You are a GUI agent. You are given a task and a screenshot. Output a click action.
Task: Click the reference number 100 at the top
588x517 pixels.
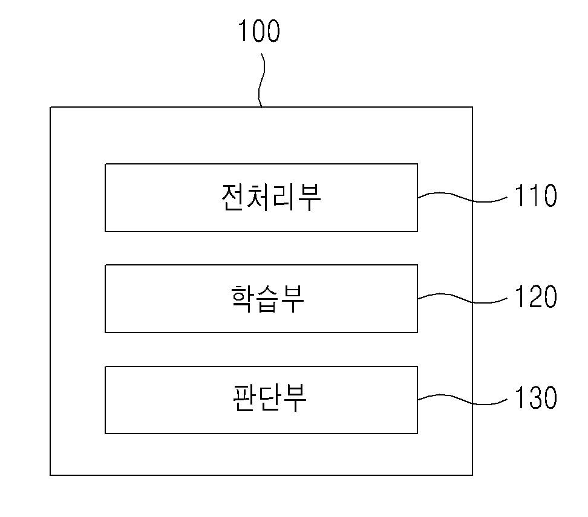pos(259,31)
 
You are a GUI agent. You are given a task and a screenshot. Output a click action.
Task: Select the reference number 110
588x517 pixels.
pos(536,195)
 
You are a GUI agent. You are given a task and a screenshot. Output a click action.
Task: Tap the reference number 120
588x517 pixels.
pos(536,296)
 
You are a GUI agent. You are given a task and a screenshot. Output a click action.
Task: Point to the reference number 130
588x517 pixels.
pos(536,397)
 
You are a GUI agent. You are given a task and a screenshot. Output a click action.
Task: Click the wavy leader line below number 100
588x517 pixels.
pos(261,80)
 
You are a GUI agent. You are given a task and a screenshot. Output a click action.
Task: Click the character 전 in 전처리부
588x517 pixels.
pos(234,197)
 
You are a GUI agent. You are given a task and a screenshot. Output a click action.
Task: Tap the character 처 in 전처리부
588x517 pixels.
pos(259,197)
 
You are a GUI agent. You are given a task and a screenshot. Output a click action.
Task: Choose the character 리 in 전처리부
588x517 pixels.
pos(284,197)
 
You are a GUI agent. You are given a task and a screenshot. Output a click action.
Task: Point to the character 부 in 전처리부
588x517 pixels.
pos(309,198)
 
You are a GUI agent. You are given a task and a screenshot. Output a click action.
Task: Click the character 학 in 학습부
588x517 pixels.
pos(242,299)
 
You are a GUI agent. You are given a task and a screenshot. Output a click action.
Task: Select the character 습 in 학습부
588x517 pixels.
pos(267,299)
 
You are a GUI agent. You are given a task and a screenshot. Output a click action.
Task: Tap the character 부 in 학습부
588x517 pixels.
pos(292,299)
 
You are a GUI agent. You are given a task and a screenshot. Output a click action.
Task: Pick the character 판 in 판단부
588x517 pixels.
pos(244,398)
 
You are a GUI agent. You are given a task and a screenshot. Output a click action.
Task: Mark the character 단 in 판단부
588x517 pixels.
pos(269,398)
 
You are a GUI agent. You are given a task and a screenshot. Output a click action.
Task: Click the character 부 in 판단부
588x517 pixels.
pos(295,398)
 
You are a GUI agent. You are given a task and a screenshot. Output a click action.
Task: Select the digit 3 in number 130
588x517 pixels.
pos(536,397)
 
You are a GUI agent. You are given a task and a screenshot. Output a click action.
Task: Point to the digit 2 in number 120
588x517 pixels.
pos(536,296)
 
